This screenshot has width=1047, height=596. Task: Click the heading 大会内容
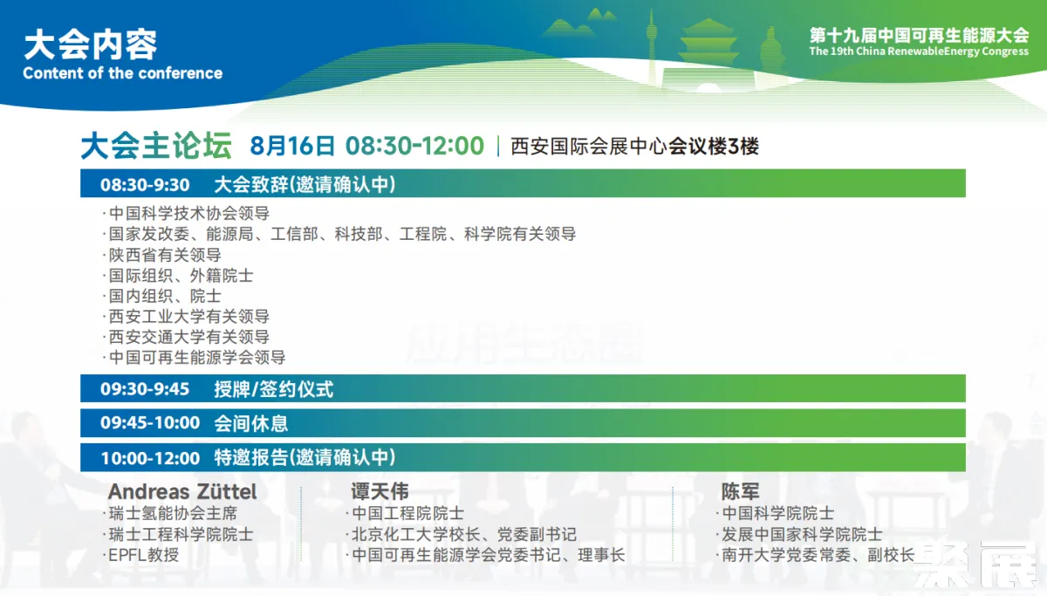click(x=90, y=45)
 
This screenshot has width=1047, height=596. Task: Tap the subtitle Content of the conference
click(x=122, y=73)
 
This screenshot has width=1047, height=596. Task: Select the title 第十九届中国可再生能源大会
click(x=919, y=36)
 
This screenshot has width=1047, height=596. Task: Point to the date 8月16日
click(x=292, y=146)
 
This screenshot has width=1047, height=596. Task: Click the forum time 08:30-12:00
click(x=414, y=146)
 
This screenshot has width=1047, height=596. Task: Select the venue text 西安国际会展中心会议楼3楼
click(x=634, y=147)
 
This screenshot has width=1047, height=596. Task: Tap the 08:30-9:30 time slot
click(x=145, y=185)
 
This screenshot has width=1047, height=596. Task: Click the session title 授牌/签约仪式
click(x=273, y=389)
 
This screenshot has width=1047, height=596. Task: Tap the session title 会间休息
click(x=250, y=423)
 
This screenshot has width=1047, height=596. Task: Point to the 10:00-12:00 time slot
click(x=150, y=458)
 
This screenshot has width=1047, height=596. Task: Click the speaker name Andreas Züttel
click(x=182, y=492)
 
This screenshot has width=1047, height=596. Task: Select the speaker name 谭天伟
click(x=380, y=492)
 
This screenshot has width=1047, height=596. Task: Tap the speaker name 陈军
click(x=740, y=492)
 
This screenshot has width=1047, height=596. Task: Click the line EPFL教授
click(x=143, y=555)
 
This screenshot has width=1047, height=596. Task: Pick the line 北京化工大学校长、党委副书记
click(x=464, y=534)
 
